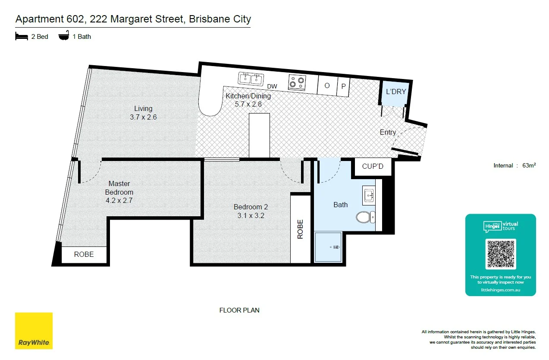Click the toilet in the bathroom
[x=365, y=217]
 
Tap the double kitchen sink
[x=251, y=79]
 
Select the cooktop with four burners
[x=297, y=82]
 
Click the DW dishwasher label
[x=272, y=87]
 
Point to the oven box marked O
[x=327, y=85]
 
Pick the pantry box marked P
[x=343, y=86]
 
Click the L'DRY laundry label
[x=396, y=92]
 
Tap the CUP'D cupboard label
[x=373, y=166]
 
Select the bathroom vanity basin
[x=369, y=196]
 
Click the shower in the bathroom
[x=328, y=247]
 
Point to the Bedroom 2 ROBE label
[x=301, y=229]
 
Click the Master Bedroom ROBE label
[x=84, y=254]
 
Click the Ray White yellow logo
[x=34, y=331]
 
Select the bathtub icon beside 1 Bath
[x=64, y=36]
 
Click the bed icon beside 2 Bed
[x=22, y=36]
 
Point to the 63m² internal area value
[x=529, y=165]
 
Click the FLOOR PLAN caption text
[x=239, y=310]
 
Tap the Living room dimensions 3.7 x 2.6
[x=143, y=117]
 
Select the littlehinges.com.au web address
[x=500, y=290]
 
